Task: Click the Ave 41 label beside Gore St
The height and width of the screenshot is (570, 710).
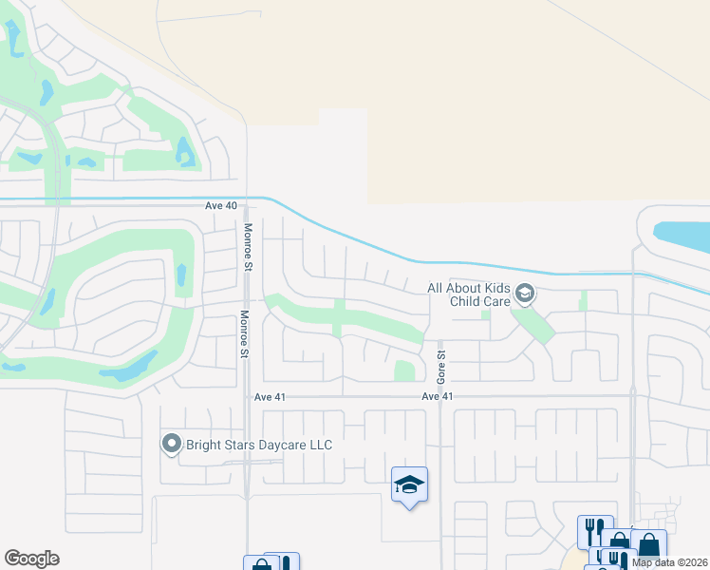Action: (x=438, y=395)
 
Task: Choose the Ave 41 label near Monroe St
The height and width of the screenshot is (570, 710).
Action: (x=270, y=396)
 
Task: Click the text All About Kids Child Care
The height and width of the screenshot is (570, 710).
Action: (x=469, y=294)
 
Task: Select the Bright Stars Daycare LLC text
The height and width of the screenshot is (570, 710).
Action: (x=259, y=445)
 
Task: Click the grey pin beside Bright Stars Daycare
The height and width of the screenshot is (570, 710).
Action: (x=171, y=444)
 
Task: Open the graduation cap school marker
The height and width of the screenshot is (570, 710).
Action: (x=409, y=485)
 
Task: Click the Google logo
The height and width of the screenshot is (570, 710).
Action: (x=31, y=559)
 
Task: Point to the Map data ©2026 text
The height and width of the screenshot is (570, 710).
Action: (x=670, y=562)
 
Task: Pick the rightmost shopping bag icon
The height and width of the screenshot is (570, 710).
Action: (x=649, y=545)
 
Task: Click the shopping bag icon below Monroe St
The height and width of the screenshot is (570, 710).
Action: (x=260, y=564)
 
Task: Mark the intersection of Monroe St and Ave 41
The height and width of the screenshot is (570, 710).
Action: (x=247, y=395)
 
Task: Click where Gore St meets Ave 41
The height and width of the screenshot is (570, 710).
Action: (x=441, y=395)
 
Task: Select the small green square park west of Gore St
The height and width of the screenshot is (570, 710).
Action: (x=404, y=370)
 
